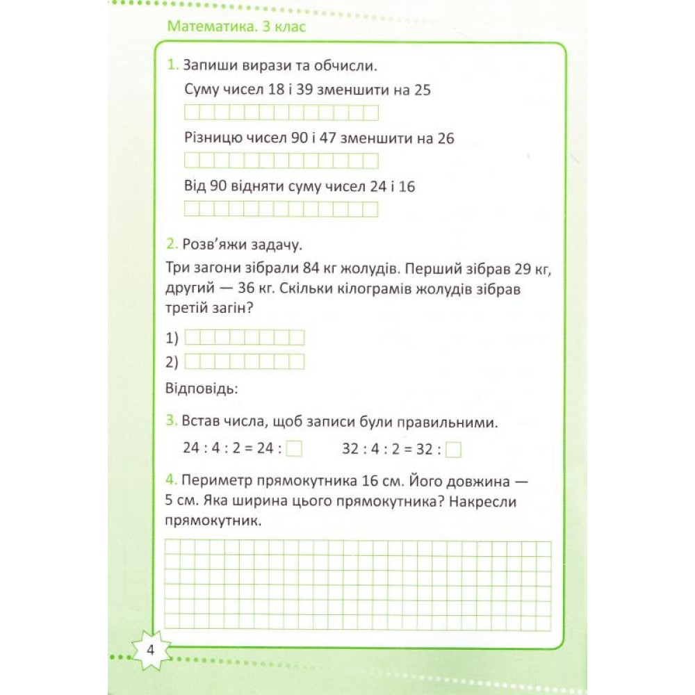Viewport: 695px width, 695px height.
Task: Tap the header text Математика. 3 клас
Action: click(236, 28)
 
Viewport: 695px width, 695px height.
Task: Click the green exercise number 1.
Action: click(172, 67)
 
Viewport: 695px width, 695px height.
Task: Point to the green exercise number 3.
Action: click(172, 421)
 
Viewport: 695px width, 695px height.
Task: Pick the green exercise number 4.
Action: click(172, 480)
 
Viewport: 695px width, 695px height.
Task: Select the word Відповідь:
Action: click(202, 387)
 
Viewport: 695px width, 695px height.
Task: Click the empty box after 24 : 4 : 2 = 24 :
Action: click(295, 450)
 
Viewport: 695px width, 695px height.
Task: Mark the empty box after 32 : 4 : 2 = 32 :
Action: click(454, 450)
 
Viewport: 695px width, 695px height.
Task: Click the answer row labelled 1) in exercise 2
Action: click(245, 338)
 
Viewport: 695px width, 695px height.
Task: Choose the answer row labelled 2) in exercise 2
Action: click(245, 361)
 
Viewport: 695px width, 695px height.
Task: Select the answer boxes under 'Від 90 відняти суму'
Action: click(281, 208)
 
